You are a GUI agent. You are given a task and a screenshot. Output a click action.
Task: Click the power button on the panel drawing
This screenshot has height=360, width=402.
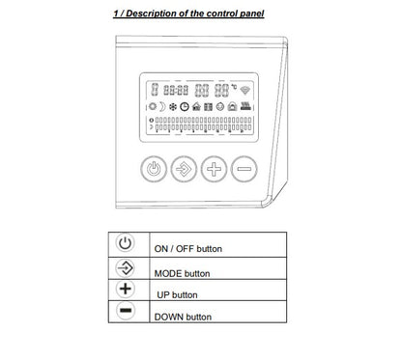coord(154,169)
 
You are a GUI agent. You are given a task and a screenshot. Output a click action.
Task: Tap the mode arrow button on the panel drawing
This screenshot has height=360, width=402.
coord(184,169)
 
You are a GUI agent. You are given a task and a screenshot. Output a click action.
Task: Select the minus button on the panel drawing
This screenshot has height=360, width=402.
coord(244,169)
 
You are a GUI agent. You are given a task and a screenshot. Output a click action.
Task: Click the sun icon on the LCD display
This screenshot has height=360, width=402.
coord(153,106)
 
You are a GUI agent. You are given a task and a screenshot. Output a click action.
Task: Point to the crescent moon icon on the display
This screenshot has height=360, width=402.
coord(162,107)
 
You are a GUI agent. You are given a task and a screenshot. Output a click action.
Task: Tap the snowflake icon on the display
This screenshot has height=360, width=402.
coord(173,107)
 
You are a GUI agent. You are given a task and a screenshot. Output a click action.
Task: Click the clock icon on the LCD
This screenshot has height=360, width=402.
coord(185,106)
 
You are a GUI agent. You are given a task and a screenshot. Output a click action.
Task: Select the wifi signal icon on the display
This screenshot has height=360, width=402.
coord(244,91)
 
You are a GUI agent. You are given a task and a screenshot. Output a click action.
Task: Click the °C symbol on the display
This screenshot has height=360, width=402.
coord(234,87)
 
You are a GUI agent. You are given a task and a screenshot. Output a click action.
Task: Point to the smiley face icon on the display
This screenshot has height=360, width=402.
coord(220,106)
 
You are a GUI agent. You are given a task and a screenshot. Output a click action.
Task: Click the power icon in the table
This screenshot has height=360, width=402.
coord(125,243)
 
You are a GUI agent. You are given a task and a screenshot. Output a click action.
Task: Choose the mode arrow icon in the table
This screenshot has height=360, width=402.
coord(125,268)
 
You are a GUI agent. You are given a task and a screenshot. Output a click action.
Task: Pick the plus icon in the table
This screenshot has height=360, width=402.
coord(125,289)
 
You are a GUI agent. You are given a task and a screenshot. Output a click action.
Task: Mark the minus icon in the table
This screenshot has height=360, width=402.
coord(125,311)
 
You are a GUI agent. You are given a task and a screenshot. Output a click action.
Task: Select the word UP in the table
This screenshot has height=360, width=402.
coord(163,295)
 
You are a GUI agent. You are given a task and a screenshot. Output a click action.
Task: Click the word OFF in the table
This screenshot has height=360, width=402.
coord(185,249)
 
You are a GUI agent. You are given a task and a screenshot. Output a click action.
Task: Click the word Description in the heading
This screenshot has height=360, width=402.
coord(149,14)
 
